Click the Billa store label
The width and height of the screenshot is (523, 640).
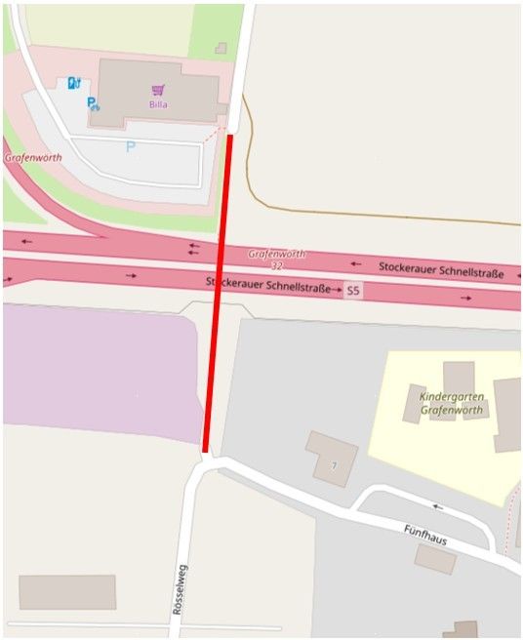pos(158,103)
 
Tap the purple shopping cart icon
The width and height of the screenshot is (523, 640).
pos(158,90)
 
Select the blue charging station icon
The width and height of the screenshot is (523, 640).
pos(73,83)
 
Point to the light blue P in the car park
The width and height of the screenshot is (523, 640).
pos(130,147)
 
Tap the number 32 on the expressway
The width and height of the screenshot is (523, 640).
pos(277,265)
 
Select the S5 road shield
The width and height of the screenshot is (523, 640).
pos(352,291)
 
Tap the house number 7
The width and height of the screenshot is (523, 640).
pos(334,466)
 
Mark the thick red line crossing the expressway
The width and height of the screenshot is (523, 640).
pos(218,293)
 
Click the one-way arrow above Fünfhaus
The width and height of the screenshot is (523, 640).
pos(438,507)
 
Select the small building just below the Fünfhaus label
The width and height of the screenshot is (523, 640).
pos(434,559)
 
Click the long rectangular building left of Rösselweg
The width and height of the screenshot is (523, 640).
pos(66,592)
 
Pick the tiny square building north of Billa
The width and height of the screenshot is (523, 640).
pos(221,48)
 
